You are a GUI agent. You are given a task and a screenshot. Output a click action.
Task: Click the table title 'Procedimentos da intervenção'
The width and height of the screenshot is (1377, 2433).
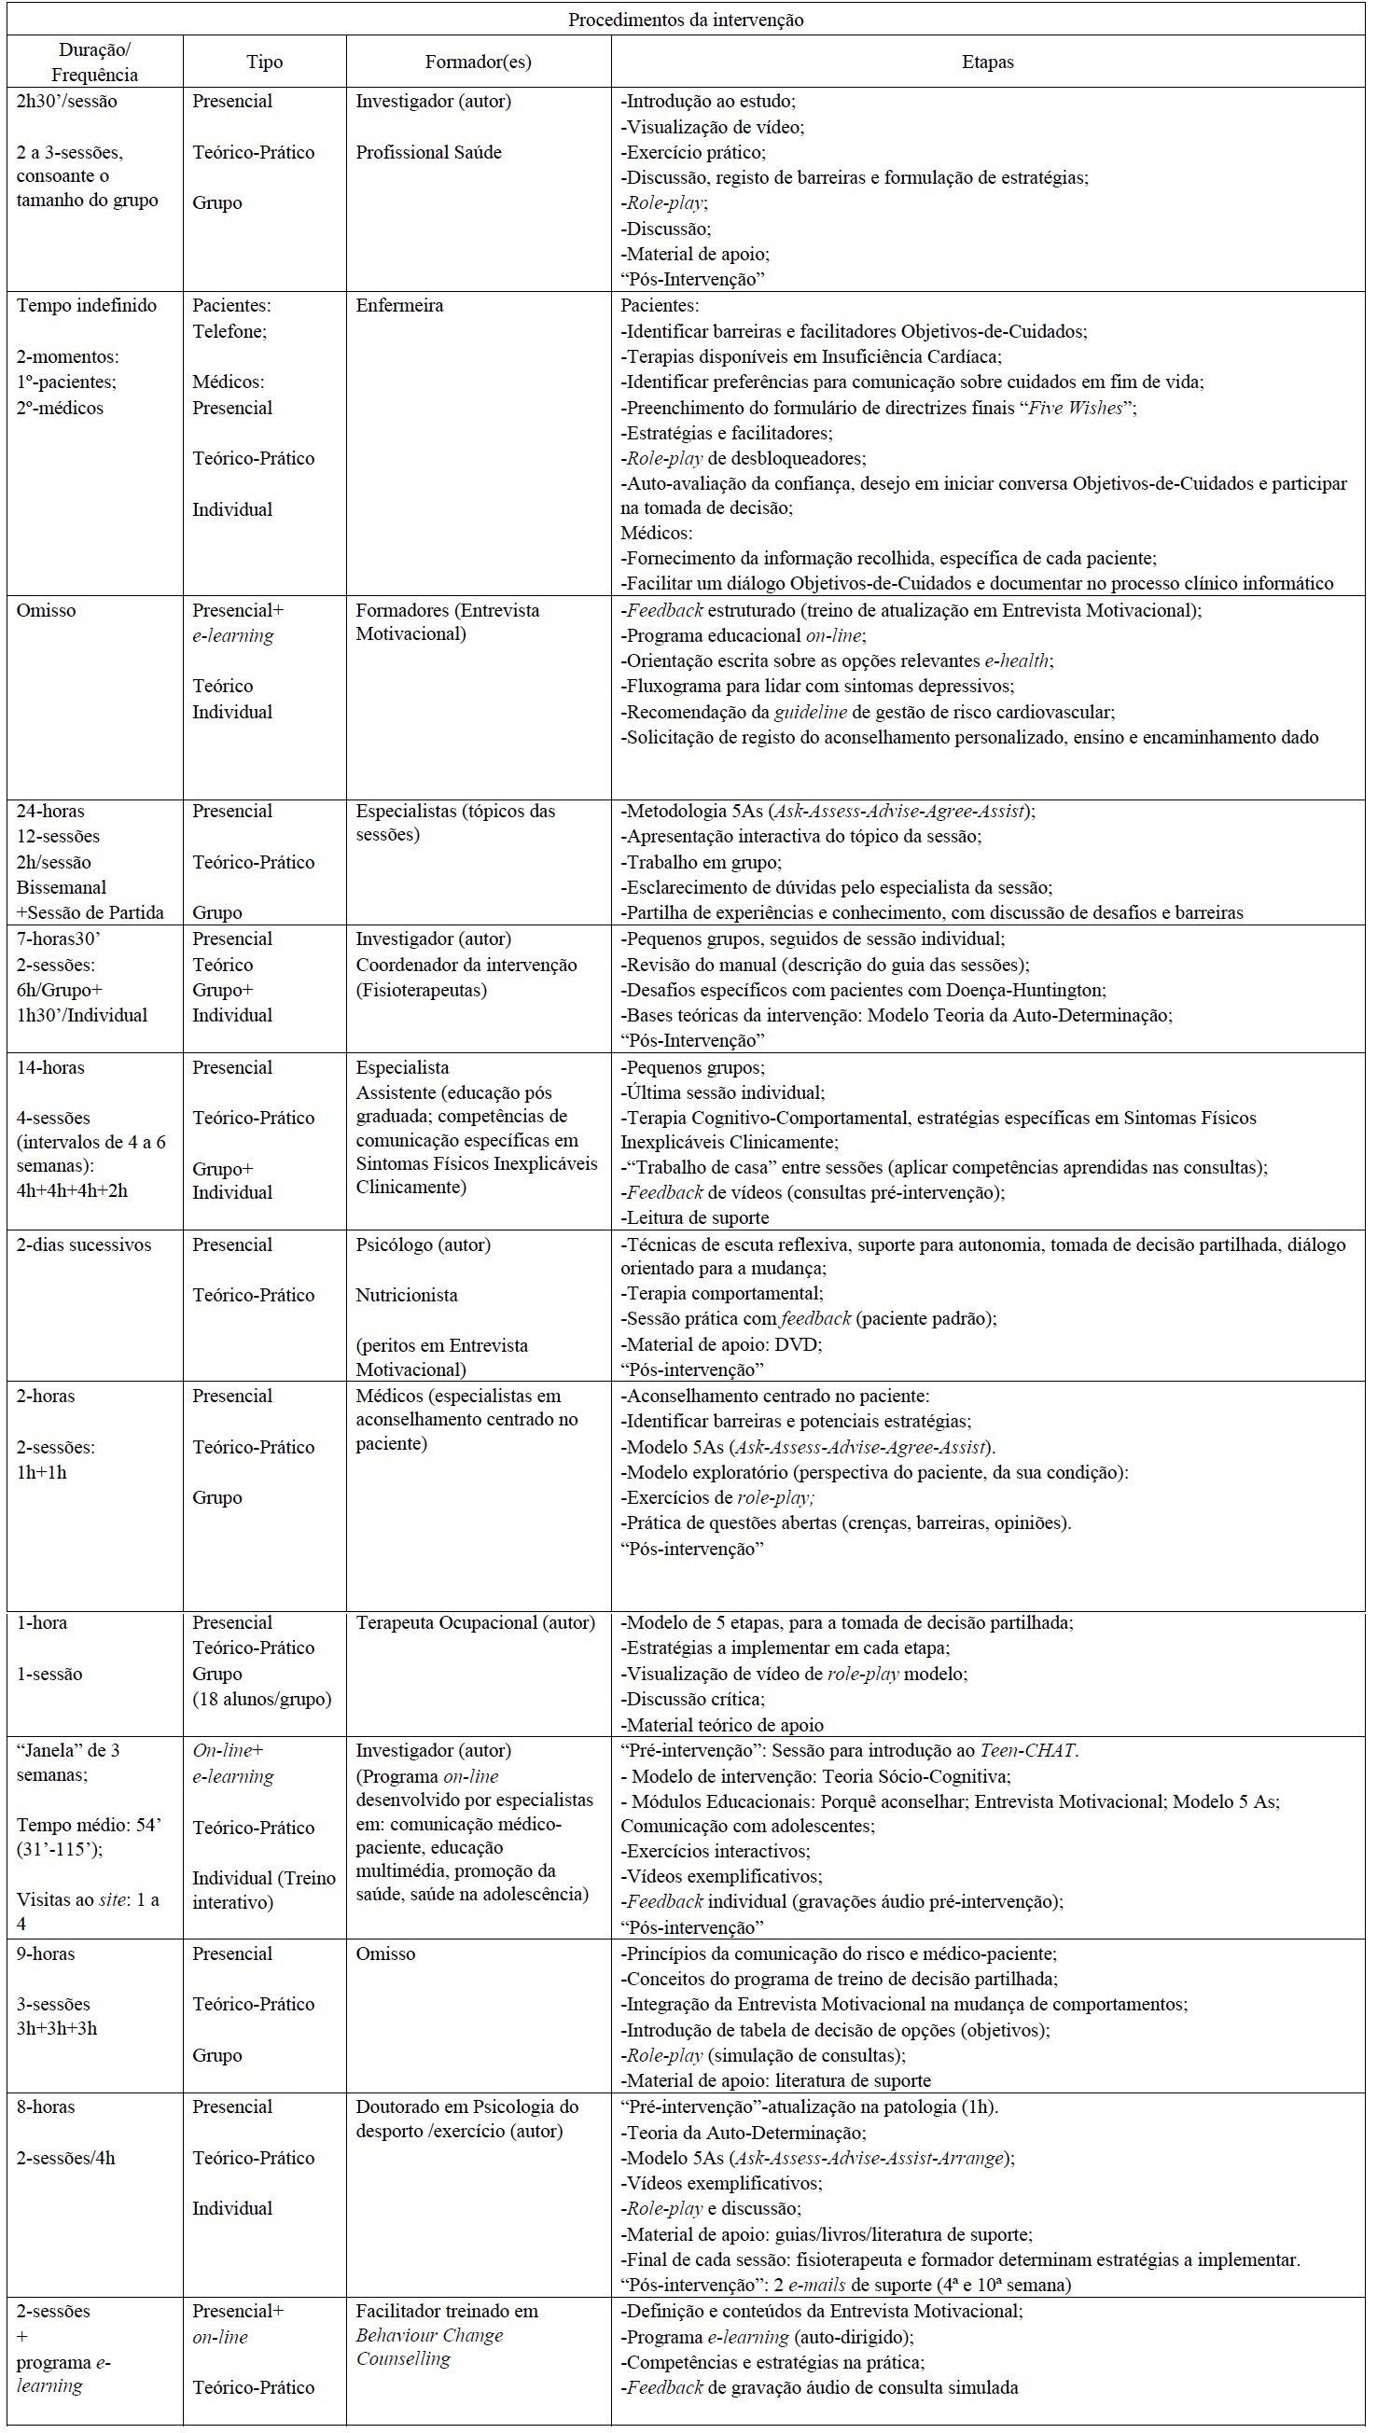[686, 20]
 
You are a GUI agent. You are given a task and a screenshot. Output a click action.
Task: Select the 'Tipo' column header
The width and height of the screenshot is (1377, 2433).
[265, 62]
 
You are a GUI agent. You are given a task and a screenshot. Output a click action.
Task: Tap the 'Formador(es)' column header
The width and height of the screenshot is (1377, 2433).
[478, 62]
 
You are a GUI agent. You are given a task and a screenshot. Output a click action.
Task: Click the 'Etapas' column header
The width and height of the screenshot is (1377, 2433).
[987, 62]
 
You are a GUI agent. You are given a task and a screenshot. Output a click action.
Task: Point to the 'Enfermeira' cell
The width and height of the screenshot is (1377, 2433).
[399, 305]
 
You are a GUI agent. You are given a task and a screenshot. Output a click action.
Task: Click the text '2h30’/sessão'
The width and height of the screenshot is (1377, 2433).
[67, 101]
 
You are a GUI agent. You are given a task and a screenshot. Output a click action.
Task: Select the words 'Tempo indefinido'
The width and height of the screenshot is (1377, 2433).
[86, 305]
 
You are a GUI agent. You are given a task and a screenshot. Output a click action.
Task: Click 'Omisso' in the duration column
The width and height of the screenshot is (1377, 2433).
[47, 610]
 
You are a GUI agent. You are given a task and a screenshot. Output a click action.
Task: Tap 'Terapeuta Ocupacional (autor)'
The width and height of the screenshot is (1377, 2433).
[475, 1622]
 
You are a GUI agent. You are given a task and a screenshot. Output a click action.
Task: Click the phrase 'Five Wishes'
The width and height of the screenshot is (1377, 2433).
[1077, 408]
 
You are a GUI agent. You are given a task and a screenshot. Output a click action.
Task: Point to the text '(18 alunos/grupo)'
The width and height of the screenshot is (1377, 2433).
[262, 1699]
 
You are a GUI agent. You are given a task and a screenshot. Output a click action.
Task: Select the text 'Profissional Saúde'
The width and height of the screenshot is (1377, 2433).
[428, 152]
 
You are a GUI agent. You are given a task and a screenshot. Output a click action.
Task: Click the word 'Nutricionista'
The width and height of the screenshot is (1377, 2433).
[407, 1295]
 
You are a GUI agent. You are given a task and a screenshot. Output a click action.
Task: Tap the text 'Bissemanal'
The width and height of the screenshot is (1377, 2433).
[62, 887]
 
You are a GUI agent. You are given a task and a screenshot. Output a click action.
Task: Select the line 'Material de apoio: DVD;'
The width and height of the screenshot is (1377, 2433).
[721, 1343]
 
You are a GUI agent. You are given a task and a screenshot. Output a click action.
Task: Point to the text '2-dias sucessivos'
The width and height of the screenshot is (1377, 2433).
[83, 1244]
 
